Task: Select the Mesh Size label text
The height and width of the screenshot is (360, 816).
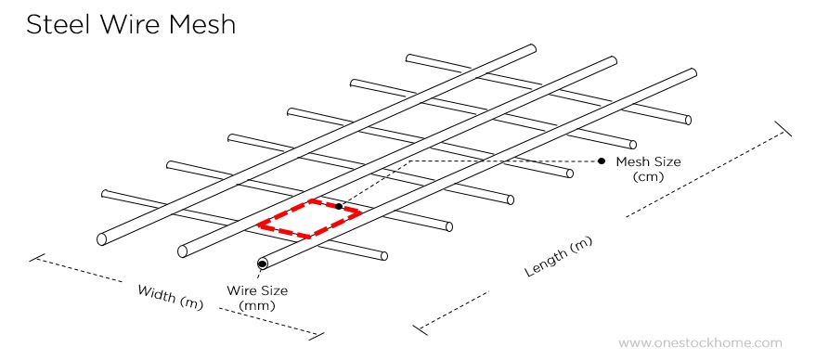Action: point(648,161)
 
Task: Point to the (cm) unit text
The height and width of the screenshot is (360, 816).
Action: point(648,176)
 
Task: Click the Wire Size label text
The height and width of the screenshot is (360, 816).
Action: point(257,290)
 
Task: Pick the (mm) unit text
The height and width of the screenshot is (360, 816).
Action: point(256,304)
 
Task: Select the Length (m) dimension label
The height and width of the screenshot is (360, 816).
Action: point(559,257)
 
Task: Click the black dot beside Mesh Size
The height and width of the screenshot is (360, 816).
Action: point(602,161)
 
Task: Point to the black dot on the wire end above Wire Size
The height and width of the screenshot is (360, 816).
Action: point(263,264)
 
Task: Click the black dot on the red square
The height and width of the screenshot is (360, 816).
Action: point(340,205)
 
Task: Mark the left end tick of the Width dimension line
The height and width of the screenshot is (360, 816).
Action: point(36,257)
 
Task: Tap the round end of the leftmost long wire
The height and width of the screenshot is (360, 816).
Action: point(101,238)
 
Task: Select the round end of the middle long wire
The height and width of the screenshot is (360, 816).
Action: point(183,251)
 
